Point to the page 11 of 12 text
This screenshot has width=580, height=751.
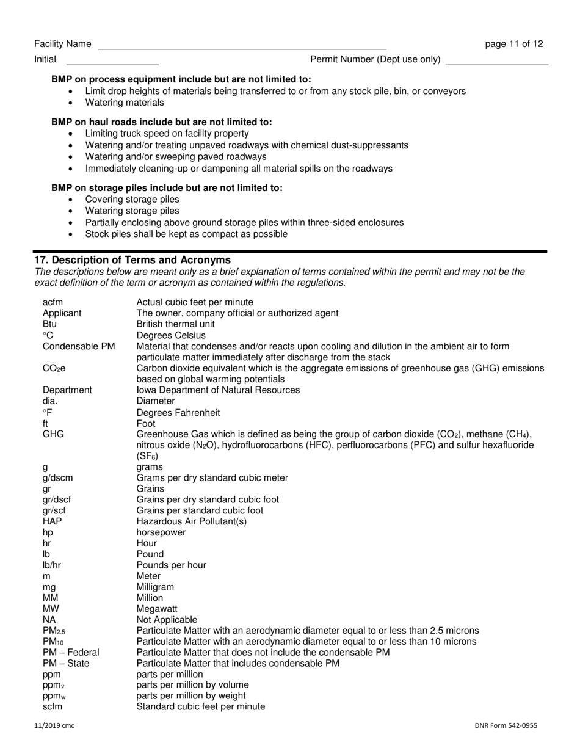click(x=513, y=44)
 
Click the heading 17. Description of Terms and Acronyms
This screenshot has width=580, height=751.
click(x=132, y=259)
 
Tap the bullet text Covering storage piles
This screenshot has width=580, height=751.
click(x=132, y=200)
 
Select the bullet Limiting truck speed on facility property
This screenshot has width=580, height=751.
click(x=167, y=133)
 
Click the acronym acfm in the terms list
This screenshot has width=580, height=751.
click(x=53, y=302)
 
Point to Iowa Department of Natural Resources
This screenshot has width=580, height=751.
click(x=218, y=390)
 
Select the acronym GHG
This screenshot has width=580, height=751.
click(x=53, y=434)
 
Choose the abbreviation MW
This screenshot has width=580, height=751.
click(x=51, y=609)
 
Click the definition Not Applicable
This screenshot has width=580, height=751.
click(x=167, y=619)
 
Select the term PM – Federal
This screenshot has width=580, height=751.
click(x=71, y=652)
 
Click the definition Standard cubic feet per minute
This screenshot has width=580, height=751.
click(x=200, y=706)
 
